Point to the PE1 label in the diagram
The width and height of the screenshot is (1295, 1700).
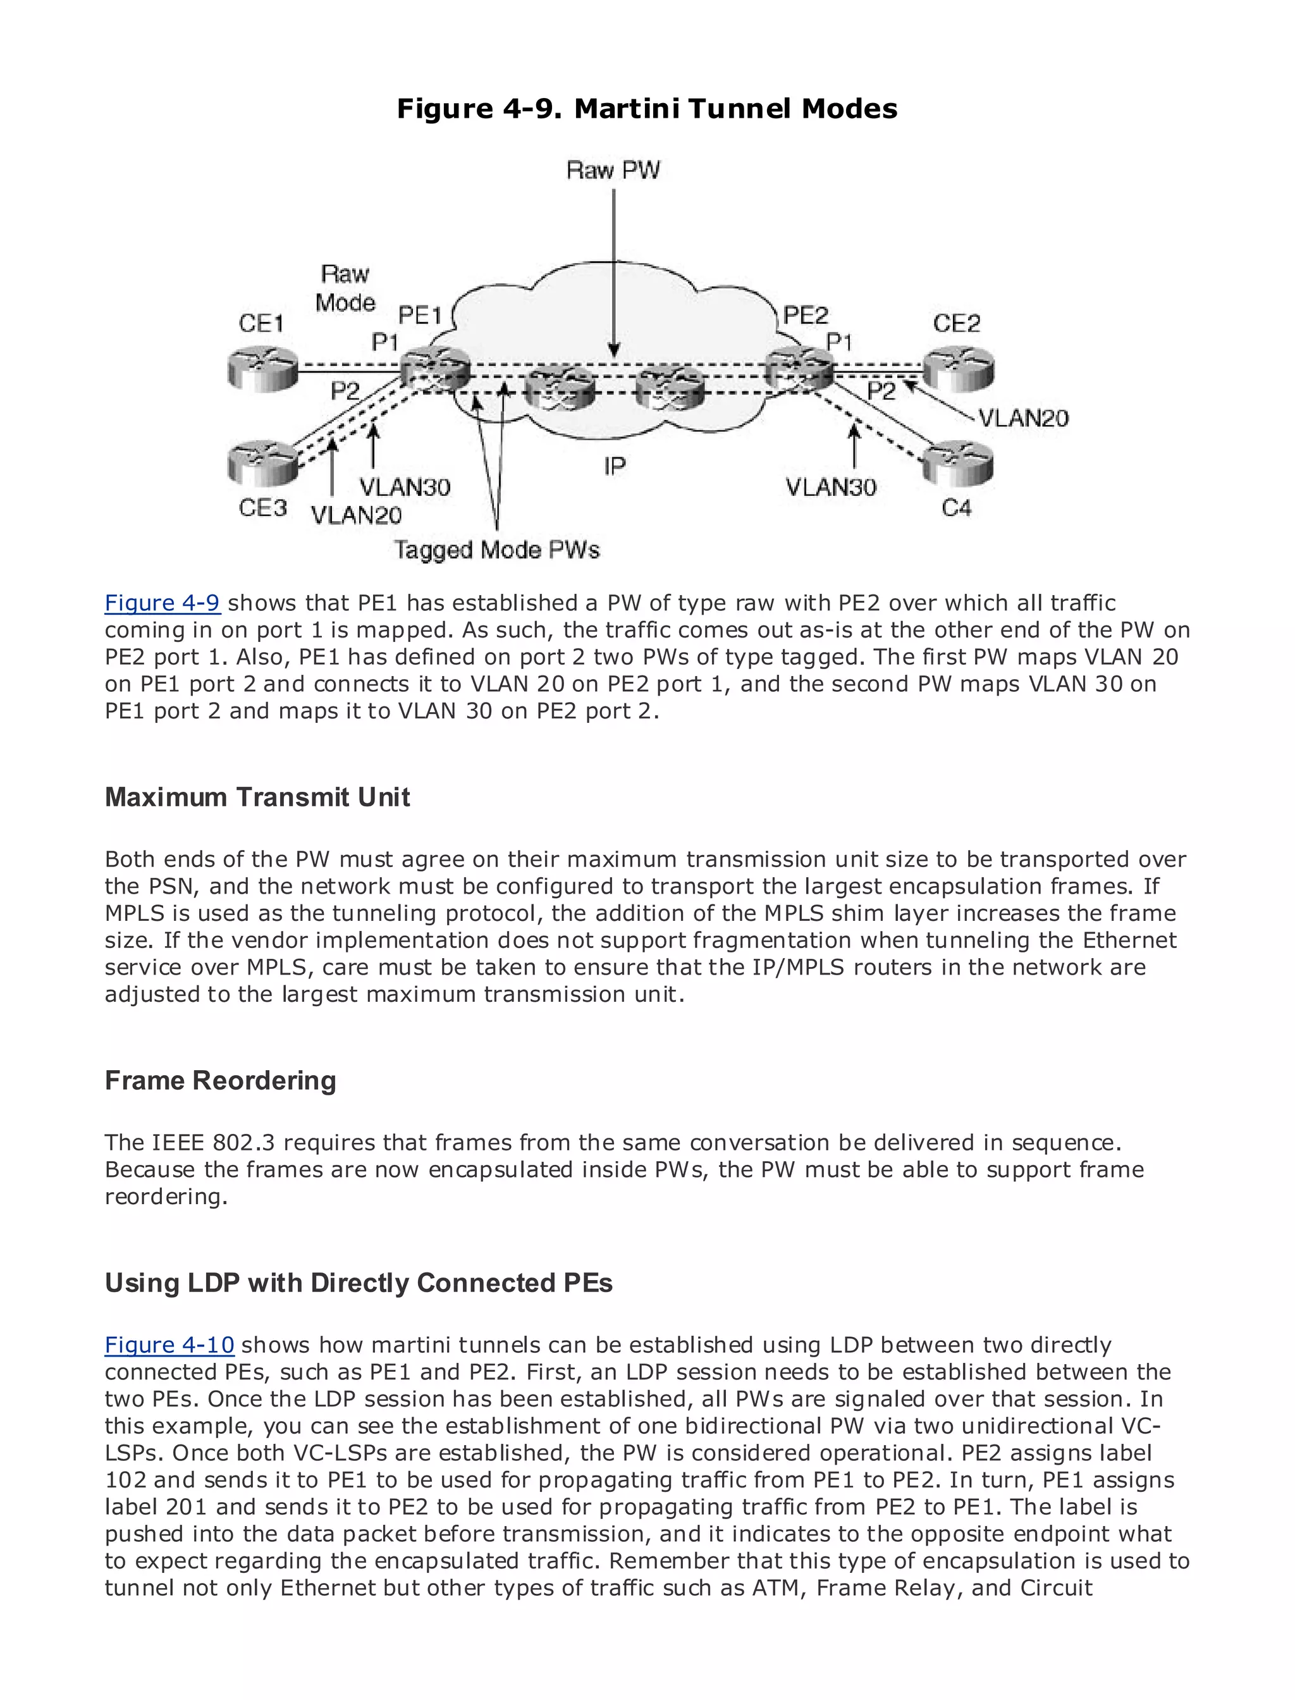(x=420, y=316)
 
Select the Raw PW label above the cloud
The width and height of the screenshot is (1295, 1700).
(x=613, y=169)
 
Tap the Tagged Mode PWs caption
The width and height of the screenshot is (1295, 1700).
(x=496, y=550)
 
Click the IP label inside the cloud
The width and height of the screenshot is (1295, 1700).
(x=615, y=465)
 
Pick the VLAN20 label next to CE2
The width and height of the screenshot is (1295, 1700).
(x=1024, y=418)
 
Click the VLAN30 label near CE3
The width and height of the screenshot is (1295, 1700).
(x=405, y=487)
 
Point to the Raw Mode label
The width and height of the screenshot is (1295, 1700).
(x=345, y=288)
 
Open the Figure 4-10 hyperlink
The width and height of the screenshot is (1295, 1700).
(x=169, y=1345)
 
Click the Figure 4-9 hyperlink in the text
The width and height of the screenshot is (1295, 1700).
(x=163, y=603)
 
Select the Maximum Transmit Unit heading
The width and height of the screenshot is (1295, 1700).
(x=257, y=797)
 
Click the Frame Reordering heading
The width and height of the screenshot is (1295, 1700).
(x=221, y=1081)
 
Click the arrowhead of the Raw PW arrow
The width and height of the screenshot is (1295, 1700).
(x=613, y=351)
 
